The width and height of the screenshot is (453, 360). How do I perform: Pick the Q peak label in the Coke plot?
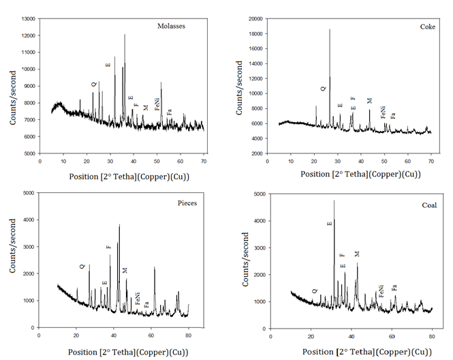tap(324, 88)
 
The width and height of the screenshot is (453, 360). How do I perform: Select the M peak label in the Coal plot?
tap(356, 254)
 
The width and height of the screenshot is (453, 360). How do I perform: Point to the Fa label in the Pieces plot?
tap(146, 304)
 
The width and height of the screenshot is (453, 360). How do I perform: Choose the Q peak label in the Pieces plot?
tap(82, 267)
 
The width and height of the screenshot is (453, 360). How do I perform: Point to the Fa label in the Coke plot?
tap(393, 115)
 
